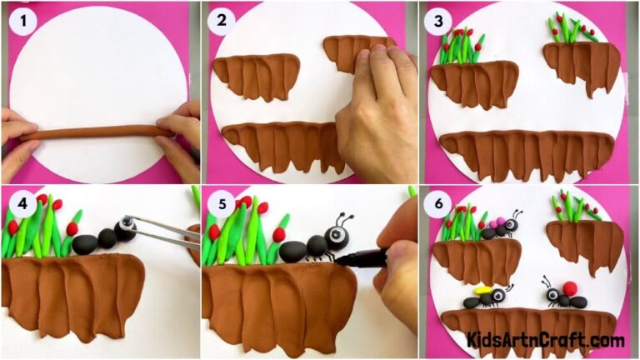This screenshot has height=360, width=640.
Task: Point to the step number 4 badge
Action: coord(22,202)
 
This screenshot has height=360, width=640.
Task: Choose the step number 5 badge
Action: coord(222,202)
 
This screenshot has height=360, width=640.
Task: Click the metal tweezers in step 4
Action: coord(167,236)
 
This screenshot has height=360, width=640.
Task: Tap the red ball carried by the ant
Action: coord(571,288)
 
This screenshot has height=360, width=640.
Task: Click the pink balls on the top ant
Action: coord(497,222)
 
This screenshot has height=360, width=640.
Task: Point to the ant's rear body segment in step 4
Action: coord(85,244)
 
